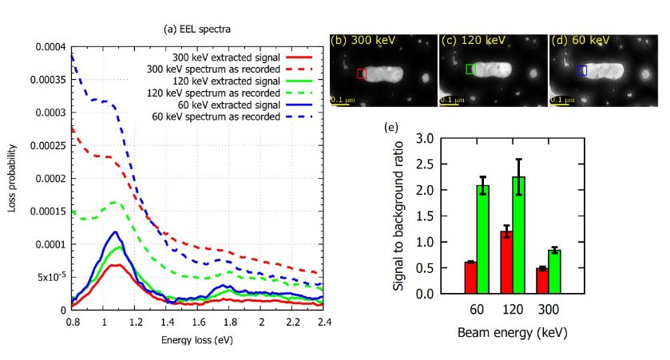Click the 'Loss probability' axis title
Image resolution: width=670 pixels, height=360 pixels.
(x=12, y=177)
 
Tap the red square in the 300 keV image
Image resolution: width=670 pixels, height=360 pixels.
(x=362, y=74)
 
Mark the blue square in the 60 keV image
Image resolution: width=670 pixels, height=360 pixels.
(x=582, y=70)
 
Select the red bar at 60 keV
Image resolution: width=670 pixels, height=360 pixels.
(x=470, y=277)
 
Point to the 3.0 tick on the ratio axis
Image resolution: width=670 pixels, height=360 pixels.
(x=434, y=139)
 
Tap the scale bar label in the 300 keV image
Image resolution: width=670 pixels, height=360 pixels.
(x=344, y=100)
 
